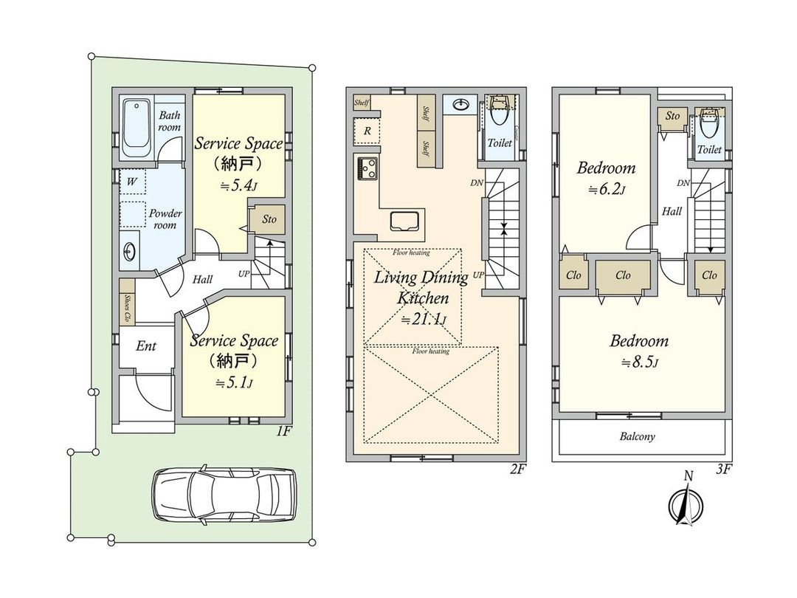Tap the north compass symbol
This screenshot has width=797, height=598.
pyautogui.click(x=686, y=506)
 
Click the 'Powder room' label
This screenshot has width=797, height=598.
pyautogui.click(x=165, y=219)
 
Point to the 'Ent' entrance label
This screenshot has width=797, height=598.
pyautogui.click(x=146, y=346)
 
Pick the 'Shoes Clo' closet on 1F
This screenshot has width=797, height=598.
pyautogui.click(x=127, y=301)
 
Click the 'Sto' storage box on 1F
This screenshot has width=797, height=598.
pyautogui.click(x=269, y=219)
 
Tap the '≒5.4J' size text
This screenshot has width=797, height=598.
pyautogui.click(x=238, y=186)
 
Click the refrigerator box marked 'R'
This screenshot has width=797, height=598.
pyautogui.click(x=367, y=131)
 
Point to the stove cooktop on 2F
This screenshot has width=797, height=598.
pyautogui.click(x=368, y=168)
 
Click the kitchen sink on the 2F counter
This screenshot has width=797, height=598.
pyautogui.click(x=405, y=221)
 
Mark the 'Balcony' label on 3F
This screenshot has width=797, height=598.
pyautogui.click(x=638, y=436)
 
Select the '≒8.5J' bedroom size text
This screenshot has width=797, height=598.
pyautogui.click(x=639, y=362)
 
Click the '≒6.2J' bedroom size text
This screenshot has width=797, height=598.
pyautogui.click(x=606, y=190)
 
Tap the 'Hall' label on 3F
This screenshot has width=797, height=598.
pyautogui.click(x=672, y=211)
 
